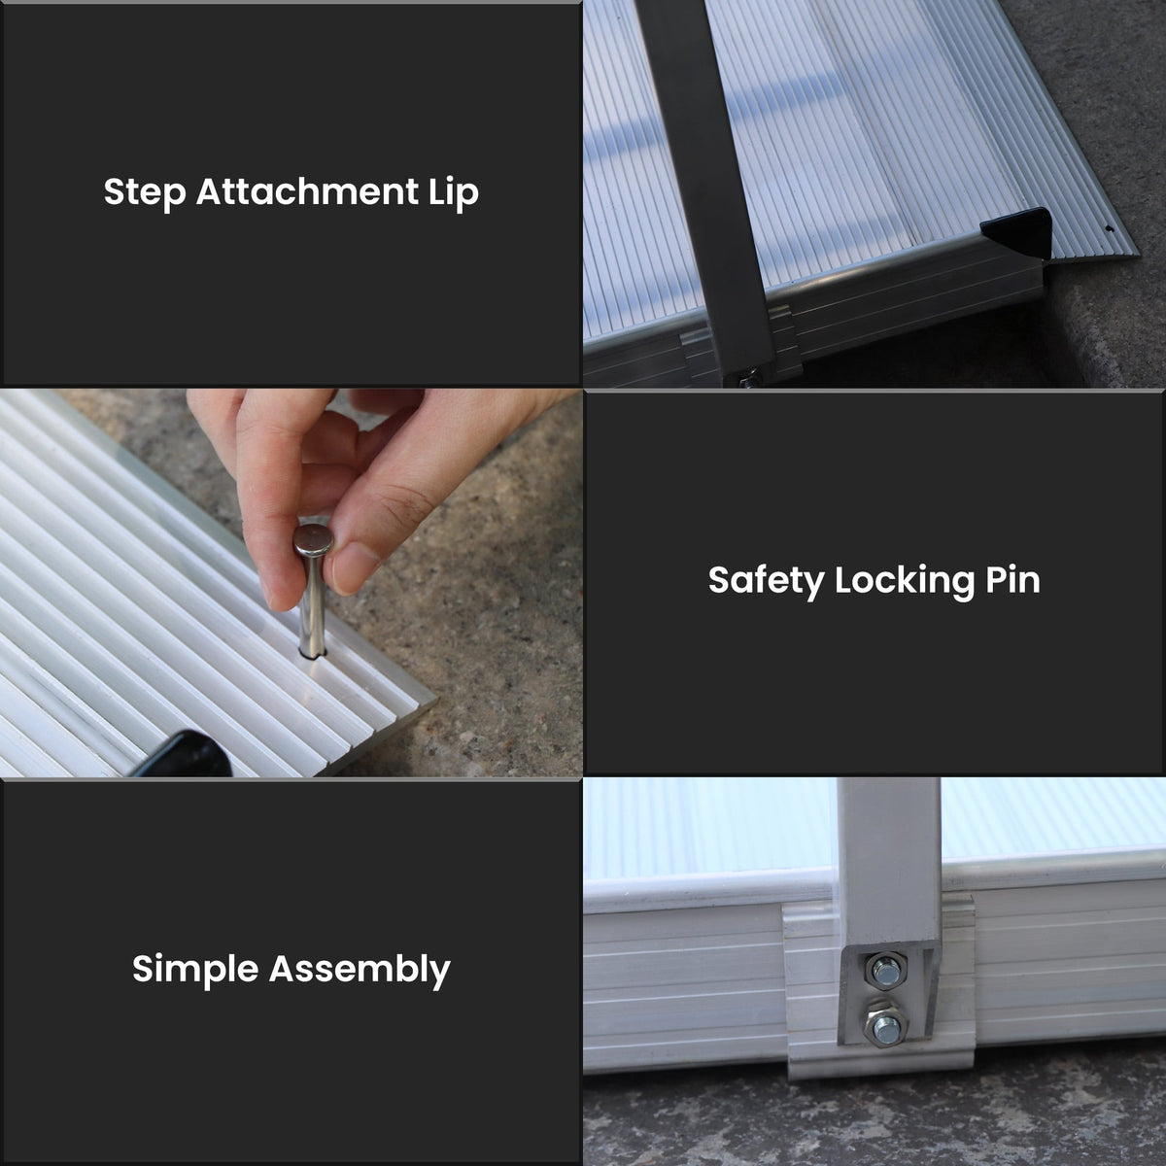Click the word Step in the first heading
tap(145, 192)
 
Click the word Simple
tap(195, 969)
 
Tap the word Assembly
tap(360, 969)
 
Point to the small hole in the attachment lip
tap(1110, 230)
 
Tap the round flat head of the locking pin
tap(314, 539)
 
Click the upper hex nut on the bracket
tap(884, 970)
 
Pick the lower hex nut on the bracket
tap(886, 1026)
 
